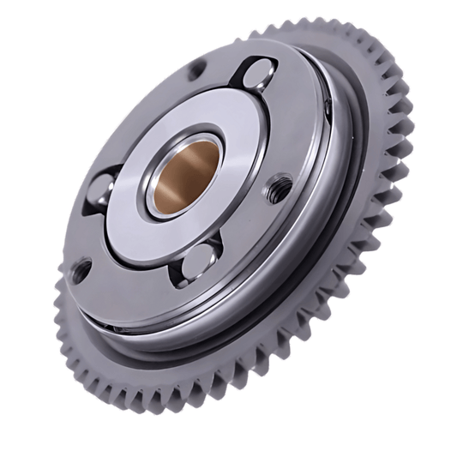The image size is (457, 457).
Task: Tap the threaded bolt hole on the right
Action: click(278, 187)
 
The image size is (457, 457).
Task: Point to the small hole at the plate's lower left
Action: click(80, 273)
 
